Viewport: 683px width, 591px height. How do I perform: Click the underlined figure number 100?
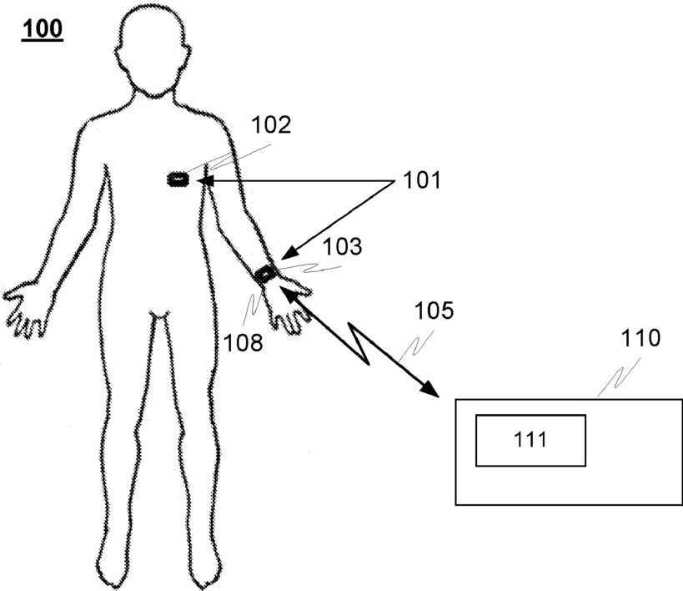[x=42, y=29]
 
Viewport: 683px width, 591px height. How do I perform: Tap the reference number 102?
[x=271, y=125]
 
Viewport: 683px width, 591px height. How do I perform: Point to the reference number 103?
[x=344, y=247]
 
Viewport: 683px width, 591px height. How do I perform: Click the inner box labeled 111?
[x=530, y=440]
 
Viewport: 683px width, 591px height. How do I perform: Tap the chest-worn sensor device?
[x=178, y=179]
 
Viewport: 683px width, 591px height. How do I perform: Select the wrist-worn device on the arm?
[x=266, y=273]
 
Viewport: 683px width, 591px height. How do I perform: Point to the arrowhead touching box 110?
[x=430, y=388]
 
